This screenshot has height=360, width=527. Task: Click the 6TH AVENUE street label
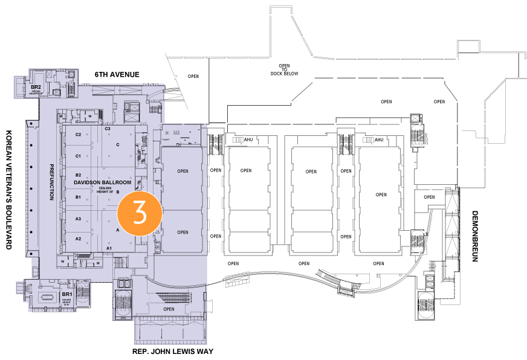pyautogui.click(x=117, y=74)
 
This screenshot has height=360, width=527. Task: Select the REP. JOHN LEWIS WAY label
pyautogui.click(x=173, y=351)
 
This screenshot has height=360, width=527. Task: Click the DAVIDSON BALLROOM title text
pyautogui.click(x=102, y=182)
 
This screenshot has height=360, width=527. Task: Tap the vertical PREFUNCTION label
pyautogui.click(x=52, y=182)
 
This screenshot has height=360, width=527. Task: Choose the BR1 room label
pyautogui.click(x=66, y=294)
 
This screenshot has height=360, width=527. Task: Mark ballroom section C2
pyautogui.click(x=78, y=135)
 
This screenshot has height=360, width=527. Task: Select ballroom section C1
pyautogui.click(x=78, y=156)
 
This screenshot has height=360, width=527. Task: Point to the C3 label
pyautogui.click(x=108, y=129)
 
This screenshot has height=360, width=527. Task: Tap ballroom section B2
pyautogui.click(x=78, y=175)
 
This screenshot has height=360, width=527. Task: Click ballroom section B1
pyautogui.click(x=78, y=197)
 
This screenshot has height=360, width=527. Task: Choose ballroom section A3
pyautogui.click(x=78, y=219)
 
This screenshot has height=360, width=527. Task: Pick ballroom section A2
pyautogui.click(x=78, y=239)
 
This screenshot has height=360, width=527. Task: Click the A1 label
pyautogui.click(x=109, y=248)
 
